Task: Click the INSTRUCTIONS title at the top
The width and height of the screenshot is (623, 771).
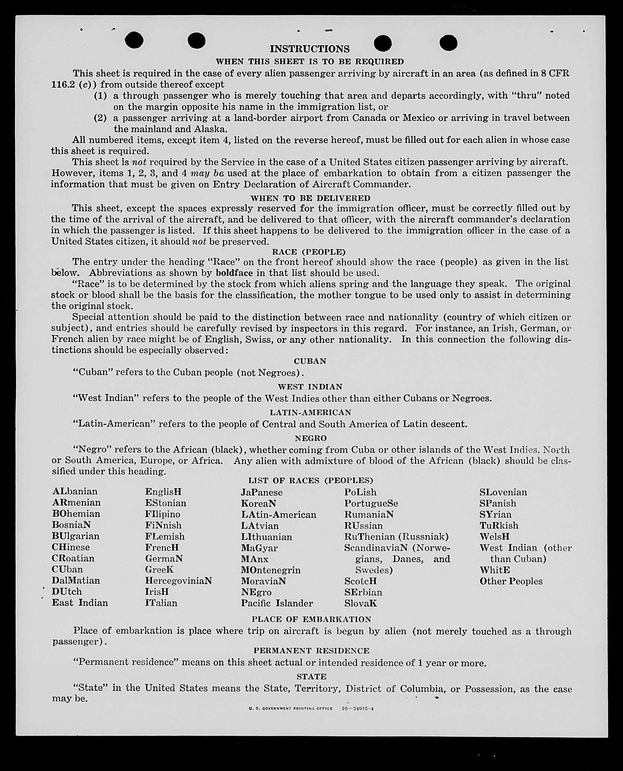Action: pyautogui.click(x=310, y=49)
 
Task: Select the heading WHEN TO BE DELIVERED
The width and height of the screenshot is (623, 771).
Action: pyautogui.click(x=310, y=198)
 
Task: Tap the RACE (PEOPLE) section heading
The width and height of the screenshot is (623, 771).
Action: pyautogui.click(x=309, y=252)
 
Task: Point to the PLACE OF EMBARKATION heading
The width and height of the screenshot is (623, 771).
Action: pyautogui.click(x=311, y=619)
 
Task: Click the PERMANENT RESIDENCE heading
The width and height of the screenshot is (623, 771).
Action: pyautogui.click(x=311, y=650)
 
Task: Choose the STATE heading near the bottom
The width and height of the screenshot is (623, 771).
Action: pyautogui.click(x=311, y=677)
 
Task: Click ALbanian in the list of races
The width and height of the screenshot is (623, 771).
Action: pyautogui.click(x=75, y=491)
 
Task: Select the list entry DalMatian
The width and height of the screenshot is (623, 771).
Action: pyautogui.click(x=76, y=581)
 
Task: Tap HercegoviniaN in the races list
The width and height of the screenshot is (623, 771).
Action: pyautogui.click(x=178, y=581)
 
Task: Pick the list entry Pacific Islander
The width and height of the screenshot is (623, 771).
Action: pyautogui.click(x=277, y=603)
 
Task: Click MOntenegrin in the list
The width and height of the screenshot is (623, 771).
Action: pyautogui.click(x=271, y=570)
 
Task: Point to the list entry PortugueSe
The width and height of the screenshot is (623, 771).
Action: pyautogui.click(x=371, y=503)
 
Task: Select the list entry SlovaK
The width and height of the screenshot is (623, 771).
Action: pyautogui.click(x=360, y=603)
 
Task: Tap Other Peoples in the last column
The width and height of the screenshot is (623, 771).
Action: pyautogui.click(x=511, y=581)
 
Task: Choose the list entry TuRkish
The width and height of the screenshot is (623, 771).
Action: pyautogui.click(x=499, y=526)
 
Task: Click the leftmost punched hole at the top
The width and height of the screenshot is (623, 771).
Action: pyautogui.click(x=134, y=40)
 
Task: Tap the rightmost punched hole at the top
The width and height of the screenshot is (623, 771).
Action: pyautogui.click(x=448, y=43)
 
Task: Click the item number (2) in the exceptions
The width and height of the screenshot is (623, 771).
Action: pyautogui.click(x=100, y=118)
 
